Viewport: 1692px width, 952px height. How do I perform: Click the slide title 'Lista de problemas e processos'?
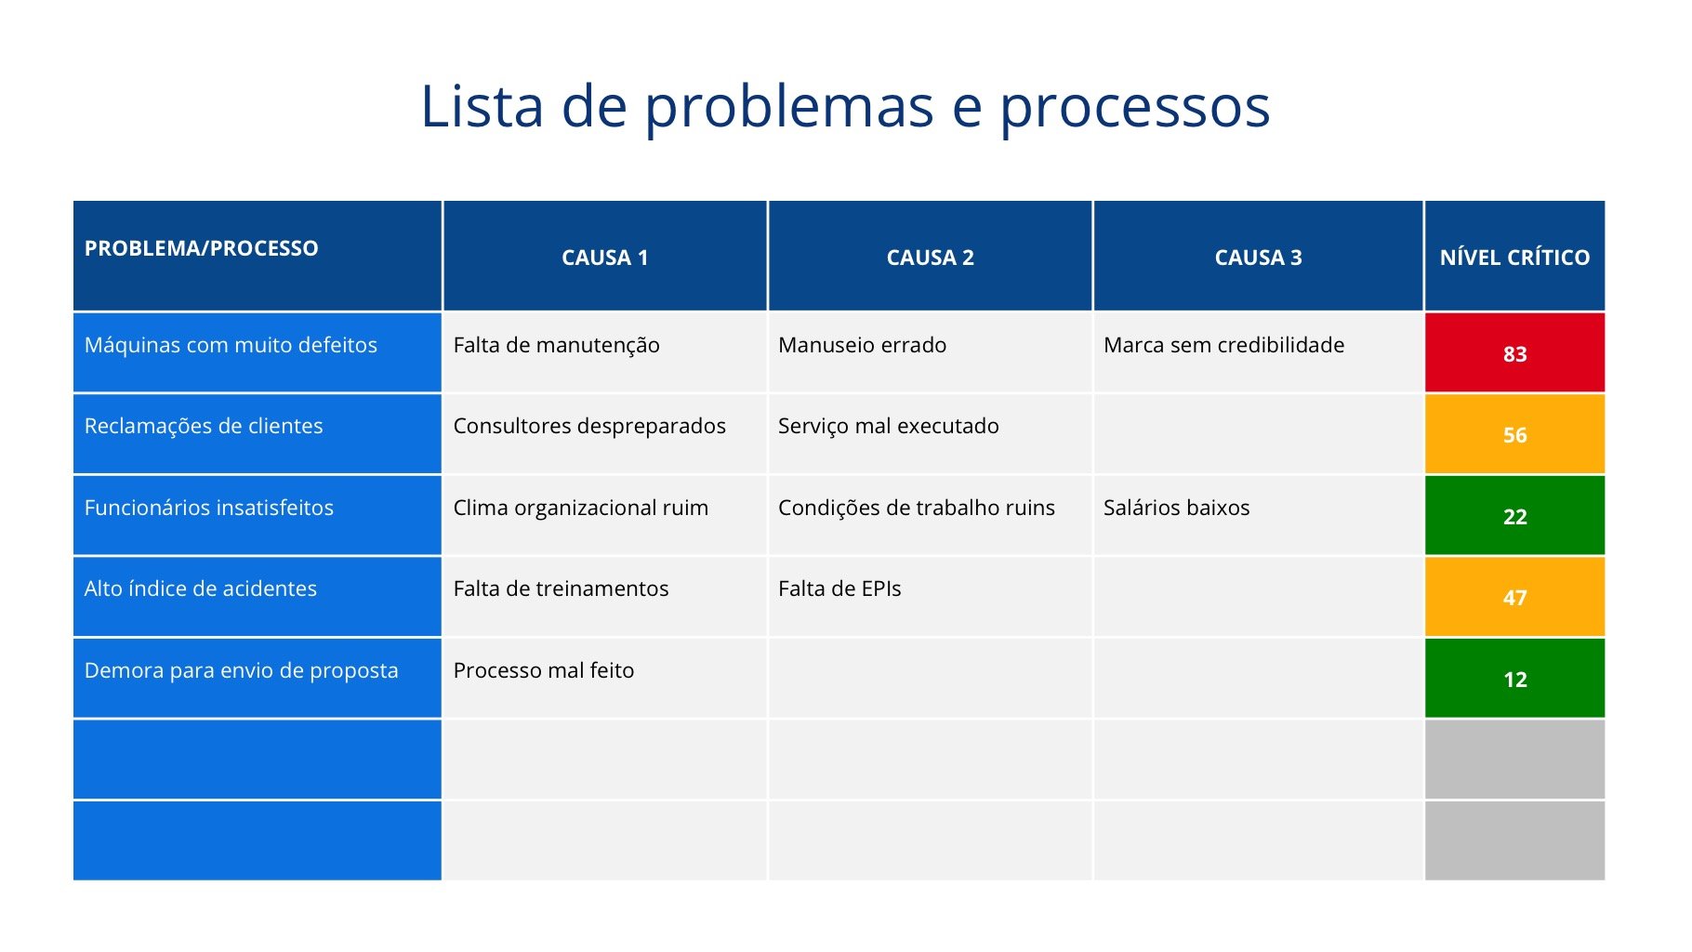845,107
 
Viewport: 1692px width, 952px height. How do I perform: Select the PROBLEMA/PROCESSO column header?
258,256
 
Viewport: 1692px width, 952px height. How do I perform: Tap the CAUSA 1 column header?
605,256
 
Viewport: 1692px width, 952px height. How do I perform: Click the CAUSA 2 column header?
931,256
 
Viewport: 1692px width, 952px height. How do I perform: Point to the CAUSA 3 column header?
1259,256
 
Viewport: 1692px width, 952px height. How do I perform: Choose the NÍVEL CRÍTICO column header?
1515,256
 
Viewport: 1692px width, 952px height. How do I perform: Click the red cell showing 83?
1515,352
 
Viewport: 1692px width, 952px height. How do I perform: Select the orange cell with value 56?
1515,434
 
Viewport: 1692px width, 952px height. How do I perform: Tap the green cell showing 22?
1515,516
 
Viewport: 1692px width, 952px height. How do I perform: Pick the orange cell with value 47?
1515,597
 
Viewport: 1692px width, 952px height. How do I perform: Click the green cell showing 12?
1515,679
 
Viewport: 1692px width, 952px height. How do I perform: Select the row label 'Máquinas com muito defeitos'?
231,345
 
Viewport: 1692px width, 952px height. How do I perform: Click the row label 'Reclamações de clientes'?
204,426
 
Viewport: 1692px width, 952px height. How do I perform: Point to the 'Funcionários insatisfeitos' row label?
209,508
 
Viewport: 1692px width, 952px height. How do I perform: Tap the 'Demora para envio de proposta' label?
242,670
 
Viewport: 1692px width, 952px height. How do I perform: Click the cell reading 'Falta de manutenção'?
605,352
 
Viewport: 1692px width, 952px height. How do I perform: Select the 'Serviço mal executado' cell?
931,434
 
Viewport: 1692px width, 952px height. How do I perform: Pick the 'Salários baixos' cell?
1259,516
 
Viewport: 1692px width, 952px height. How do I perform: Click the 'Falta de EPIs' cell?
931,597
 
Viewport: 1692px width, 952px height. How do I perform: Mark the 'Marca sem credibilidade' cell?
1259,352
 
